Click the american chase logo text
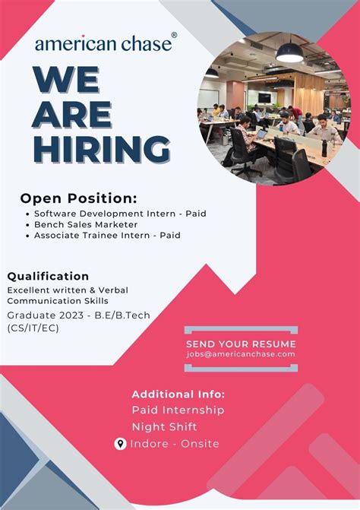(103, 44)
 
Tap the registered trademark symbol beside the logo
(174, 36)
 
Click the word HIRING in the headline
(102, 147)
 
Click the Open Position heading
(79, 198)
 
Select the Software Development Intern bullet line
(120, 214)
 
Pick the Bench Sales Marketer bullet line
(86, 224)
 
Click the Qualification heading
(49, 276)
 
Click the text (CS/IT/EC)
(33, 328)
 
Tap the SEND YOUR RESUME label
(241, 343)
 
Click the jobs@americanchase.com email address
(241, 354)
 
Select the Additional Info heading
(178, 394)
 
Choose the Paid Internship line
(178, 410)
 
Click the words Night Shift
(164, 427)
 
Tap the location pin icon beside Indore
(120, 444)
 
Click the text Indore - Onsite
(175, 444)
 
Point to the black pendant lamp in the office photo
(289, 53)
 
